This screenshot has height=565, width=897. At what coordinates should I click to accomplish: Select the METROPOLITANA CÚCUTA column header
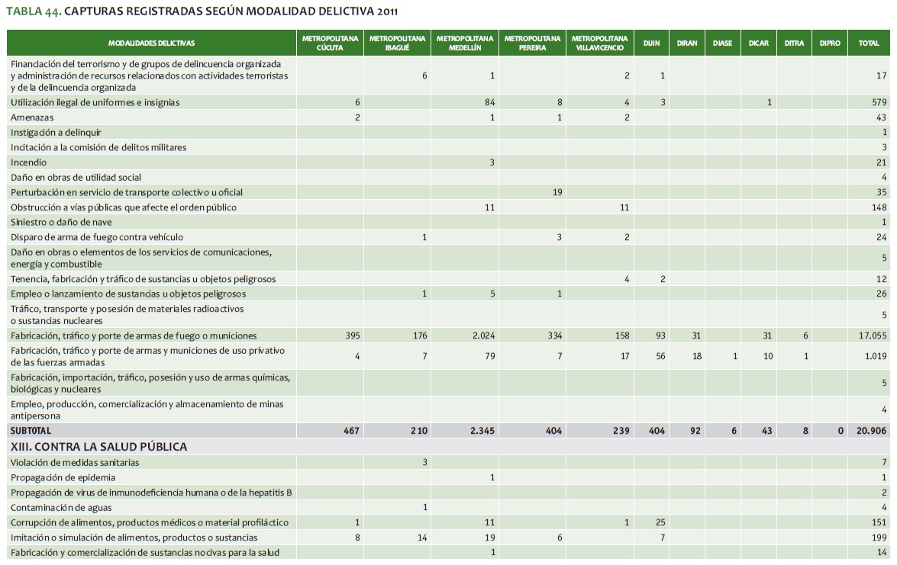330,43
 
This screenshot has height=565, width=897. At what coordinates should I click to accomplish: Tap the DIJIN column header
651,43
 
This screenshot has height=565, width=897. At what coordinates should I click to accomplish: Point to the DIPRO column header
830,43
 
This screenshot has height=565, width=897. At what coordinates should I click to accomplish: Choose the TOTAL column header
869,43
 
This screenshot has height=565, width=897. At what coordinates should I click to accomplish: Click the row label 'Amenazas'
31,117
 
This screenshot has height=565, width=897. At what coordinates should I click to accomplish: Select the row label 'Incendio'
28,162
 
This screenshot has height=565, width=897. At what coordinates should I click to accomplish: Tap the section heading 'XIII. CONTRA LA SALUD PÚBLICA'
98,446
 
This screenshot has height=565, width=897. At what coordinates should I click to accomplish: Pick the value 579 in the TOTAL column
879,102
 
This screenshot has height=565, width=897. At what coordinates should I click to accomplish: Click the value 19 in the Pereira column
557,192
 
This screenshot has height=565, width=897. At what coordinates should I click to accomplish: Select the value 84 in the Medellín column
489,102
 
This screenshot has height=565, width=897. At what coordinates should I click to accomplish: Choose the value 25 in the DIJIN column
660,522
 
